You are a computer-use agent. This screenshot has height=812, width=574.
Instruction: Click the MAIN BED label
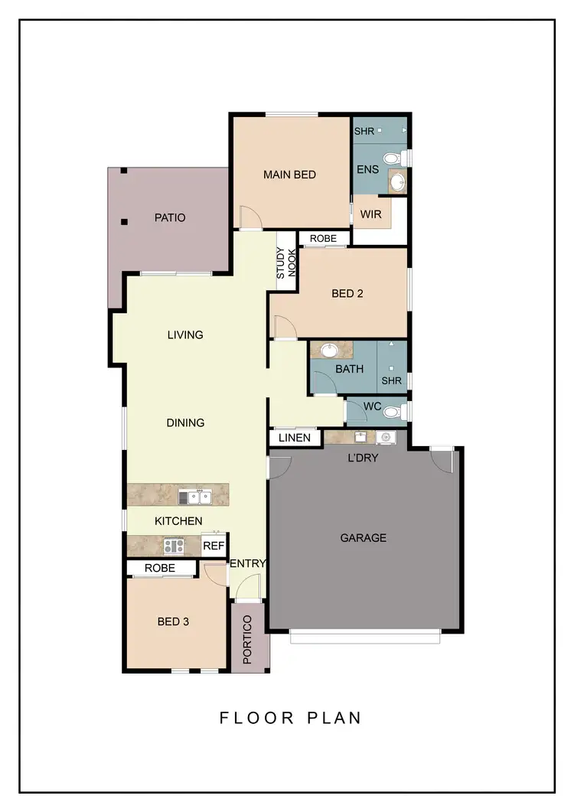289,174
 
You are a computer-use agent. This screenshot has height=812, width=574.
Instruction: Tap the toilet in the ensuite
392,159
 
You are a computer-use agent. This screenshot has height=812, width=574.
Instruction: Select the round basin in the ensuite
397,182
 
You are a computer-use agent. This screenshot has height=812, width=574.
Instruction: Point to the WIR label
370,214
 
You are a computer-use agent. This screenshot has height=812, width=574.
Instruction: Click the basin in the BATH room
329,351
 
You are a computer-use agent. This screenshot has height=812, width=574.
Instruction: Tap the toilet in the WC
391,413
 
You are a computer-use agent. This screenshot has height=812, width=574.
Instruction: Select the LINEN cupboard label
295,438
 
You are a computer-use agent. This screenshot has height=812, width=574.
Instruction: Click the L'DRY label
364,458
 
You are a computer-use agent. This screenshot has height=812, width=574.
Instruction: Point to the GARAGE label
363,538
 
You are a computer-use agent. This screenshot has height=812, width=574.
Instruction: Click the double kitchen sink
195,497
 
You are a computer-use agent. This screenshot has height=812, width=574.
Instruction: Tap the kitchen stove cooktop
174,546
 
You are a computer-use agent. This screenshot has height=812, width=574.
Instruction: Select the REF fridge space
214,546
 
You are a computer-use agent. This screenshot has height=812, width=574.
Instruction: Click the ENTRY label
248,563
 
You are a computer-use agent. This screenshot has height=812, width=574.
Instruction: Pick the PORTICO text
248,638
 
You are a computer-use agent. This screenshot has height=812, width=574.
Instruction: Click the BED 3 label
173,621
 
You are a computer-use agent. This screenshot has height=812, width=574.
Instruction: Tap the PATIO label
170,217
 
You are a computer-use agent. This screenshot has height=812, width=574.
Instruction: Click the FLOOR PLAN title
290,718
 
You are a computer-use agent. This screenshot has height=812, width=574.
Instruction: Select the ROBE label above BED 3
159,568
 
